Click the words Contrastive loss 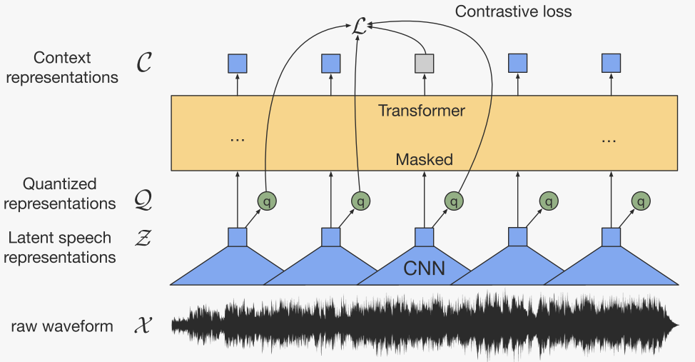click(x=513, y=11)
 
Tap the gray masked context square click(x=425, y=64)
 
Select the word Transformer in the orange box click(x=421, y=111)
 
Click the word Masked click(x=424, y=159)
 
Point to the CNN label click(x=425, y=269)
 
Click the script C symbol click(x=143, y=66)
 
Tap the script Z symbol click(x=143, y=238)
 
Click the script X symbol click(x=143, y=327)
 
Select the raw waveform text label click(x=62, y=327)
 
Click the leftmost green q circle click(x=267, y=201)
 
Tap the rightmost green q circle click(x=642, y=201)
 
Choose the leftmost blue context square click(x=237, y=64)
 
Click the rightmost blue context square click(x=611, y=64)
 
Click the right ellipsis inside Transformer click(x=609, y=139)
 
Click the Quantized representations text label click(x=59, y=193)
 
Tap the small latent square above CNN click(x=424, y=237)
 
